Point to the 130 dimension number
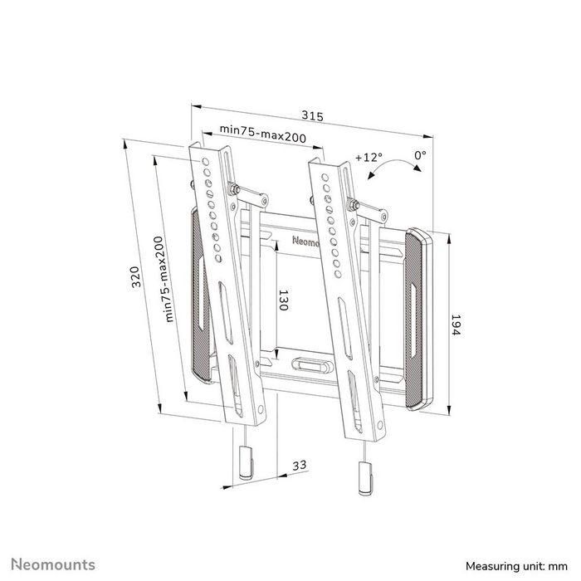coord(282,300)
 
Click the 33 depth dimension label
coord(300,466)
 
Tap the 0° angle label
coord(420,154)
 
